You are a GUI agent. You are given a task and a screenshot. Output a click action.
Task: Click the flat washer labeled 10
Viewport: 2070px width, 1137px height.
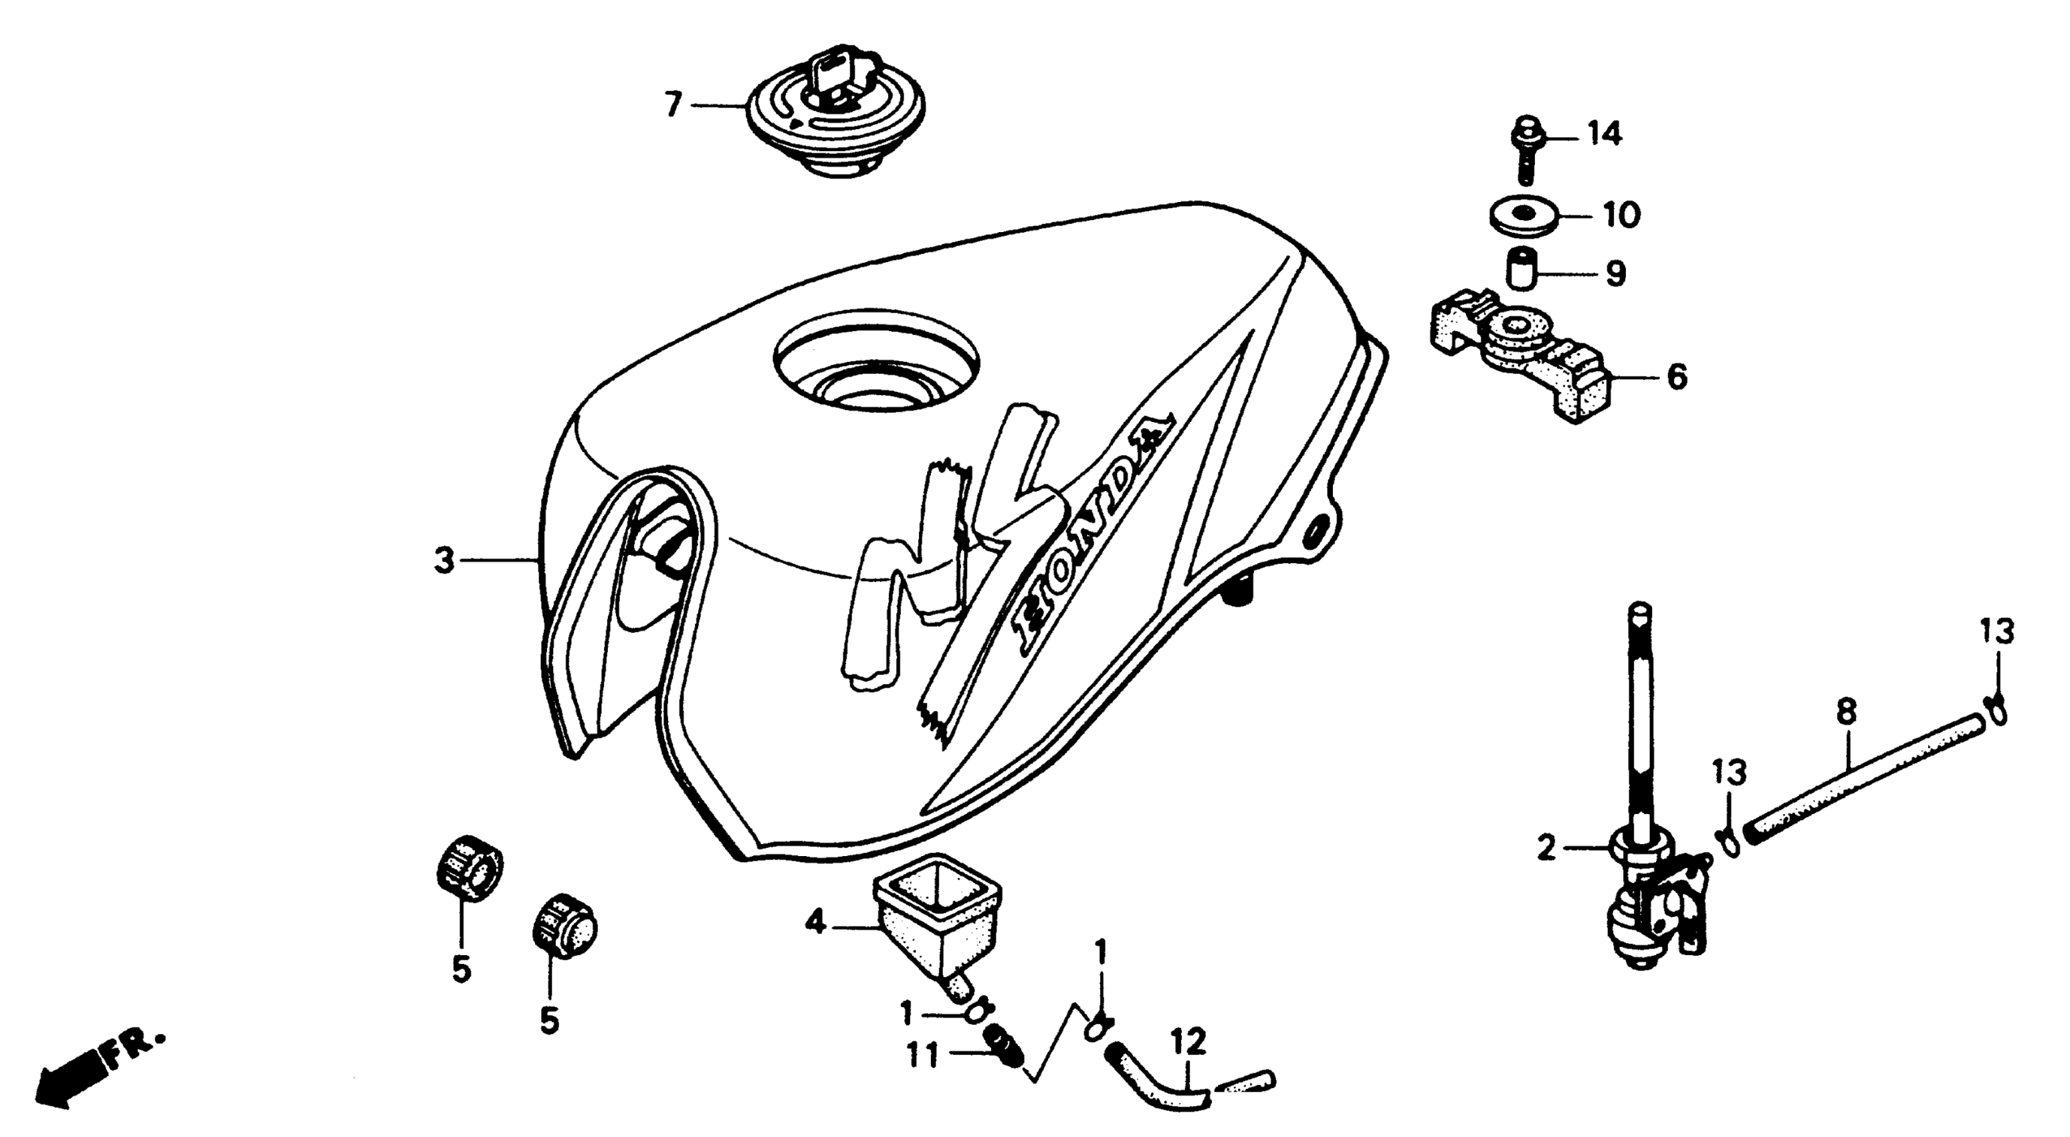point(1523,216)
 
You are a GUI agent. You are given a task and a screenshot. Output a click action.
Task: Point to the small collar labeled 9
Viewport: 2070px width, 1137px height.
point(1520,273)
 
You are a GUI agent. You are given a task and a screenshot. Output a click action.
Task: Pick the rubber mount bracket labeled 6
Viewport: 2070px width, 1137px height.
point(1519,358)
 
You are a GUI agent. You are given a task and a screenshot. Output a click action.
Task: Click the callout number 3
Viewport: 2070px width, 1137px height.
point(443,560)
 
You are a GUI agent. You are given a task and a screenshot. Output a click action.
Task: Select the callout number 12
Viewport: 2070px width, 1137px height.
point(1188,1043)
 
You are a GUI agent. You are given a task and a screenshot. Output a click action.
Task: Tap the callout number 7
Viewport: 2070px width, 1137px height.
point(673,104)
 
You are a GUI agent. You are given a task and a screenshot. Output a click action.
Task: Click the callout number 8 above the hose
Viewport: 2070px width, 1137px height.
point(1846,711)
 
